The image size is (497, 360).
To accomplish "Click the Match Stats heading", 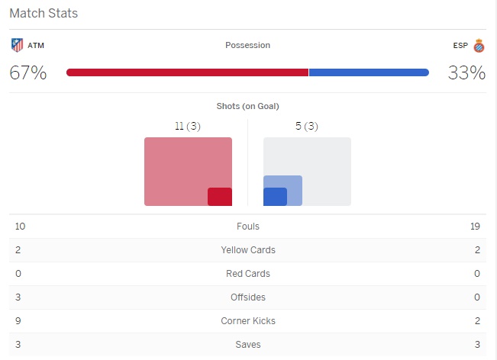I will [x=44, y=14].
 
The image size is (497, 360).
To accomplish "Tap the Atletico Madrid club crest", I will [x=17, y=45].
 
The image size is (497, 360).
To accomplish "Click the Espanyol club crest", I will [x=479, y=45].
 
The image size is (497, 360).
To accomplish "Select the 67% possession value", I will [x=27, y=73].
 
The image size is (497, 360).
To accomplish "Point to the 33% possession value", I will [x=466, y=73].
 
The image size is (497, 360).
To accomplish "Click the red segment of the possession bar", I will [x=187, y=72].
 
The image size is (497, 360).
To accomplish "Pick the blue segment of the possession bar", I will [x=368, y=72].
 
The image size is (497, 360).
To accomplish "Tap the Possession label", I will [x=247, y=45].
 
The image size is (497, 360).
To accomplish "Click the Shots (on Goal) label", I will [x=248, y=106].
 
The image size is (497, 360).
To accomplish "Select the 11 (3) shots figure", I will [x=187, y=127].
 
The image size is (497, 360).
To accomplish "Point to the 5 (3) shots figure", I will [x=307, y=127].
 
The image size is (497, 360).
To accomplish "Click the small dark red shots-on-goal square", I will [x=220, y=196].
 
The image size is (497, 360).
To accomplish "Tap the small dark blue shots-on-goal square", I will [x=275, y=196].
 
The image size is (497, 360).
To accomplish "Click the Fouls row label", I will [x=248, y=227].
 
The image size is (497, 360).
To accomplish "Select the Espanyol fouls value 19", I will [x=476, y=227].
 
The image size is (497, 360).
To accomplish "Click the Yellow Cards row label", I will [x=248, y=250].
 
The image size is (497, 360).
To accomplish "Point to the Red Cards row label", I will [x=248, y=274].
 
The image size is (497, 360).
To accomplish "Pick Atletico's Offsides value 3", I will [x=18, y=297].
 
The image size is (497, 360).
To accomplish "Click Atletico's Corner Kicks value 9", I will [x=18, y=321].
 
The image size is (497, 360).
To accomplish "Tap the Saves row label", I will [x=248, y=345].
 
